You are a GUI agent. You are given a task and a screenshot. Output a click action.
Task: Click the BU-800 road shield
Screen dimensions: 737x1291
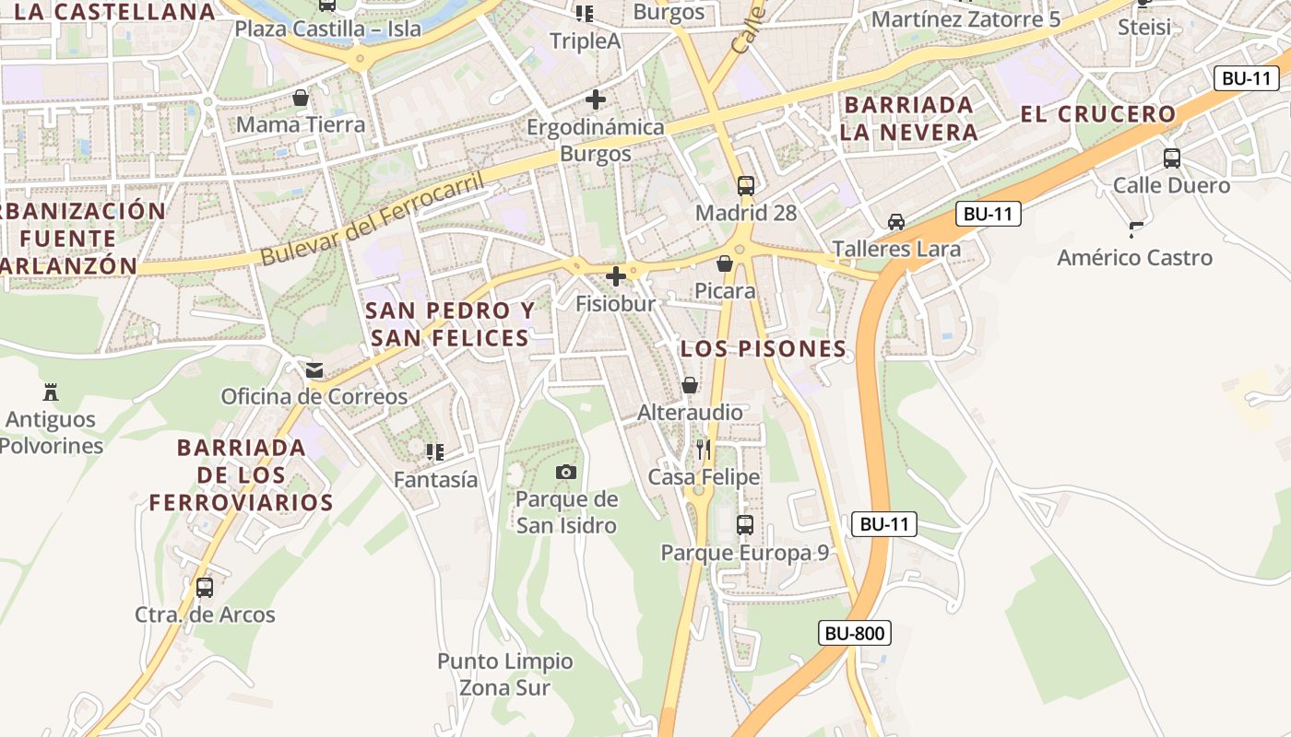[854, 633]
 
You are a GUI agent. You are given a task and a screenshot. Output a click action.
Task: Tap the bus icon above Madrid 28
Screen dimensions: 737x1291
[746, 185]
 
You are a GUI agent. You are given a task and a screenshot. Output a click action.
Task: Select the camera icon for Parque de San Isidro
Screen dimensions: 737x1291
[566, 473]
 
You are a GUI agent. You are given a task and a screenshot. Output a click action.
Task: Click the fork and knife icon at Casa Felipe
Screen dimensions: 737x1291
[704, 450]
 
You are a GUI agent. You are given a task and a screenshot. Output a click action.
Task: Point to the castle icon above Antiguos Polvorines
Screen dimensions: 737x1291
[51, 392]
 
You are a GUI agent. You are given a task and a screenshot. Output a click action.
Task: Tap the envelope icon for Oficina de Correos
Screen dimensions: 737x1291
[314, 370]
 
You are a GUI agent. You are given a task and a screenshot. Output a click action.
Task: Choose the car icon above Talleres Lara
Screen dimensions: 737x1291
[895, 222]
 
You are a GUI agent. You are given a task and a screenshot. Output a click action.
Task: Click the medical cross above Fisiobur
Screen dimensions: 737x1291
[616, 275]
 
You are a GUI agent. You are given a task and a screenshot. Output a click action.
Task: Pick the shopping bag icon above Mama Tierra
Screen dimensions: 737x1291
[301, 97]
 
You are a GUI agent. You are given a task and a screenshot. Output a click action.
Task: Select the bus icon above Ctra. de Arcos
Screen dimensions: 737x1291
[205, 587]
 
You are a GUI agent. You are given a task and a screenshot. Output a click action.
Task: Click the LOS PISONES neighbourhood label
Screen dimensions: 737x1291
[763, 349]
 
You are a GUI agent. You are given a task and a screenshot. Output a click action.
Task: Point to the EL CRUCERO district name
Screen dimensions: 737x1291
[1097, 114]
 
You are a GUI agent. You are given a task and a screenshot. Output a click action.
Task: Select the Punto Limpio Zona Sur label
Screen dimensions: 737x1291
[505, 674]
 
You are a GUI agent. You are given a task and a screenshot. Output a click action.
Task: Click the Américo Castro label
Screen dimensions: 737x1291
[1134, 257]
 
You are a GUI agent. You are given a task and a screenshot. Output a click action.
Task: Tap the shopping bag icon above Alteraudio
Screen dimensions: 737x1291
[690, 384]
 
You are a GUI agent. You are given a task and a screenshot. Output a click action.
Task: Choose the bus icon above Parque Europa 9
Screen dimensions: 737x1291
[745, 525]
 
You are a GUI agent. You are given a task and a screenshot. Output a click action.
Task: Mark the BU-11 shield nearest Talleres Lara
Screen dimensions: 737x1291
[988, 215]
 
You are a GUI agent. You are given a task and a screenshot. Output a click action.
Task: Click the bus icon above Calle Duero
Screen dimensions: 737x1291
[1171, 158]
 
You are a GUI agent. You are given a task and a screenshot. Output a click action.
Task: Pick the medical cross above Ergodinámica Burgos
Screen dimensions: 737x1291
[596, 99]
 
